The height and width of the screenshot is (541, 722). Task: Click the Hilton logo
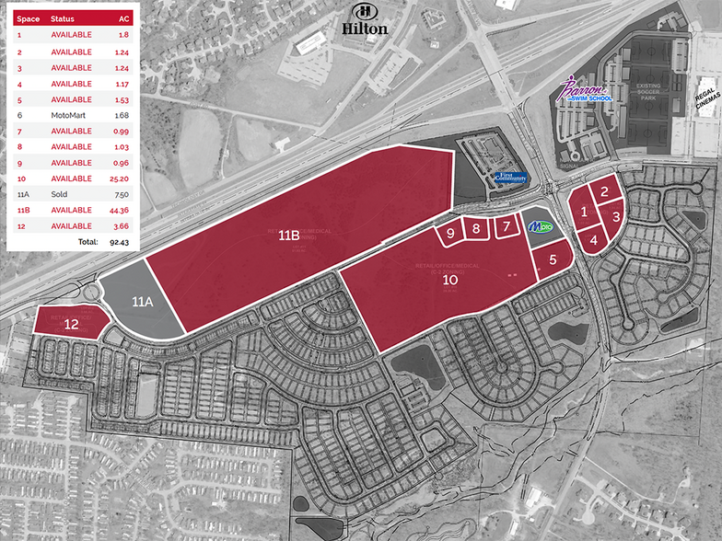tap(365, 19)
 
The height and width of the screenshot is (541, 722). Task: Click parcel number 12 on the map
tap(72, 323)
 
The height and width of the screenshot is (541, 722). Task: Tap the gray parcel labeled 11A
tap(142, 301)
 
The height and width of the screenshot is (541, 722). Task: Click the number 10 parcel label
tap(450, 279)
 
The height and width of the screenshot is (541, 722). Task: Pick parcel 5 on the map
tap(552, 259)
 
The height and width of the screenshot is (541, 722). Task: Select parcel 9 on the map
tap(451, 233)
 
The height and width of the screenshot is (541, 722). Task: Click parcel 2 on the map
tap(604, 191)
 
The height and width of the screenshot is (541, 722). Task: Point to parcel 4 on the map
tap(593, 239)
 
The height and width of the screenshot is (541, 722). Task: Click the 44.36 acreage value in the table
tap(121, 210)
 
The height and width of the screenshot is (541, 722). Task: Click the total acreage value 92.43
tap(119, 242)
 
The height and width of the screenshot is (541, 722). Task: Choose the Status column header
tap(63, 18)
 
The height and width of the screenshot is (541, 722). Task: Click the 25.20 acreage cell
tap(121, 178)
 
